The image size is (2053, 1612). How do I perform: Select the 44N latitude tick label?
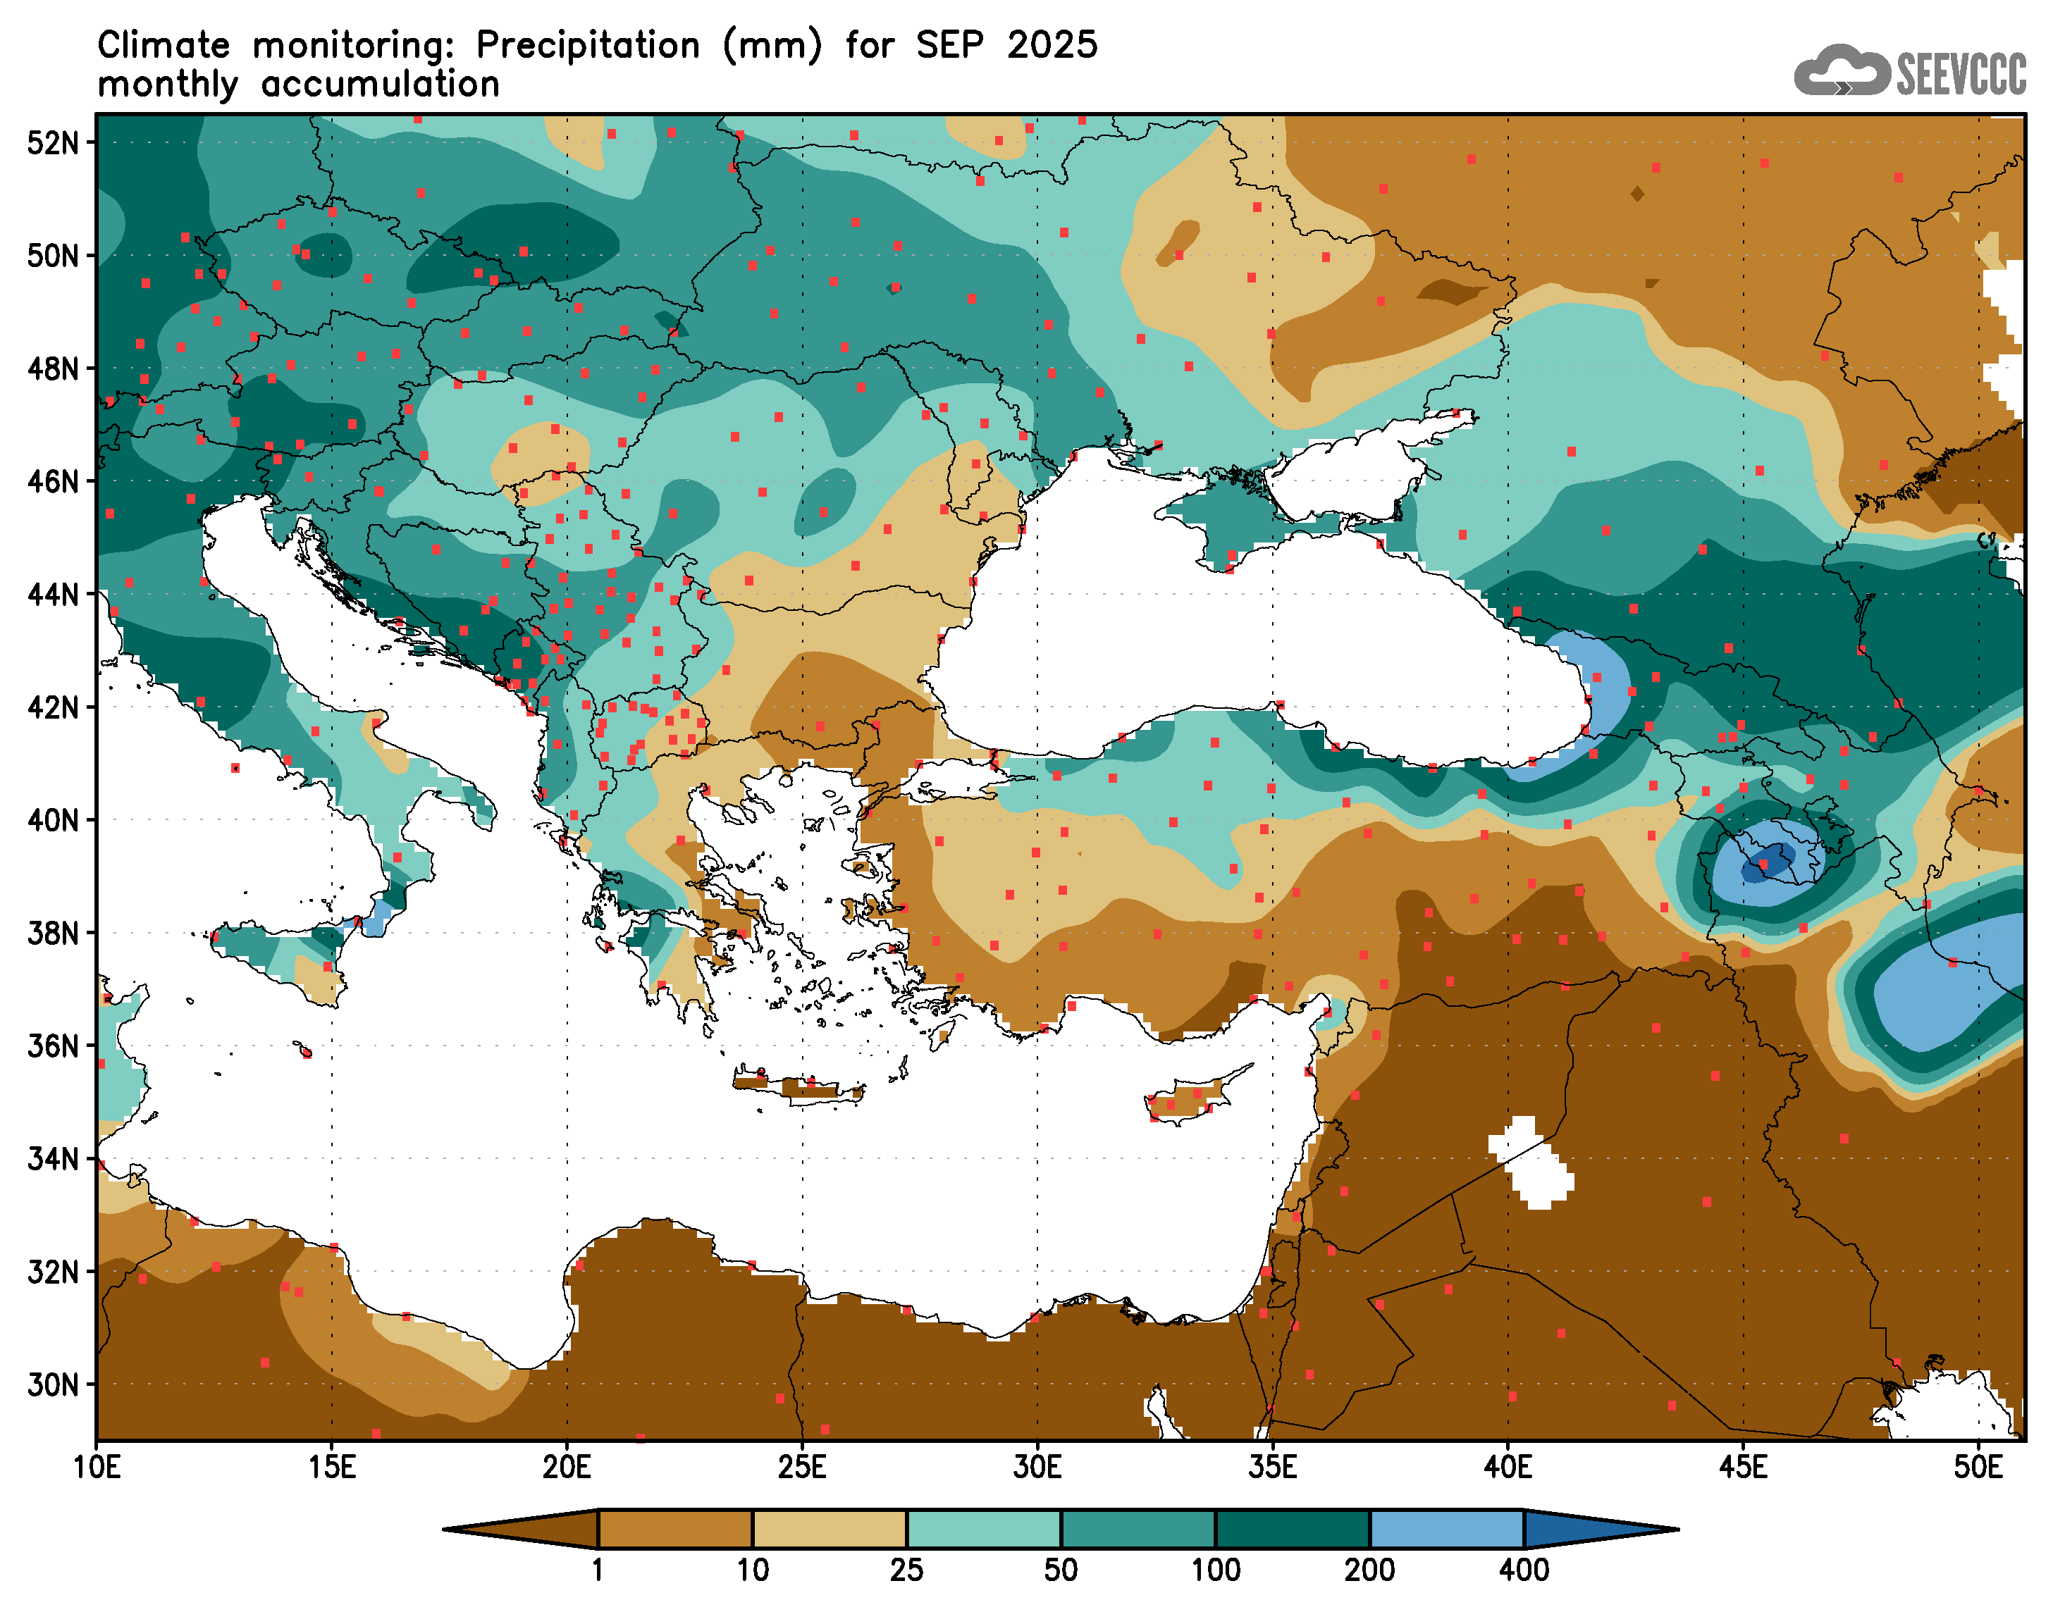click(52, 595)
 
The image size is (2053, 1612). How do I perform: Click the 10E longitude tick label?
click(97, 1468)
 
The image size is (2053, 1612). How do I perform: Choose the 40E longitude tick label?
click(1508, 1468)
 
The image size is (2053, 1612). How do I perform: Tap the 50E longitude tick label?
click(1978, 1468)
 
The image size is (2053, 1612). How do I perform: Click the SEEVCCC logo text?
click(1961, 73)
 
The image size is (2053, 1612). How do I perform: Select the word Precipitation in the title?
click(587, 45)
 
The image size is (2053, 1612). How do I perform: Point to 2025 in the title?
click(1052, 45)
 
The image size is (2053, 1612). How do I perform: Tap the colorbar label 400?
click(1524, 1570)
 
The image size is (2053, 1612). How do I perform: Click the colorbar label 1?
click(598, 1570)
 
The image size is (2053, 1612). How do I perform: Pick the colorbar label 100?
click(1215, 1570)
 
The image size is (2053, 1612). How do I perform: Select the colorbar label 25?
click(906, 1570)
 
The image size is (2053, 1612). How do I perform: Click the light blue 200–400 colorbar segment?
click(1446, 1529)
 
